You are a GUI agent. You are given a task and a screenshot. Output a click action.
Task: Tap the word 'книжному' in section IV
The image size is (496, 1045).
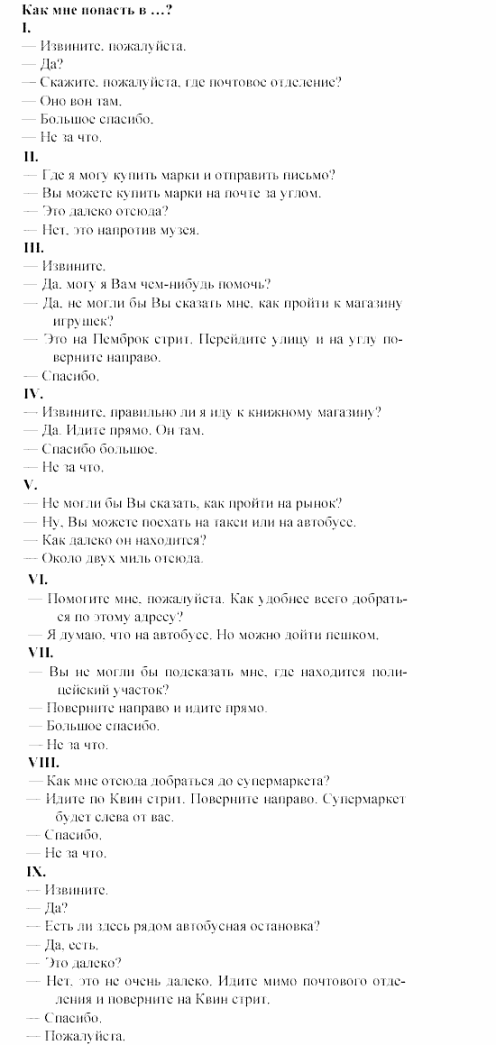pyautogui.click(x=269, y=412)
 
